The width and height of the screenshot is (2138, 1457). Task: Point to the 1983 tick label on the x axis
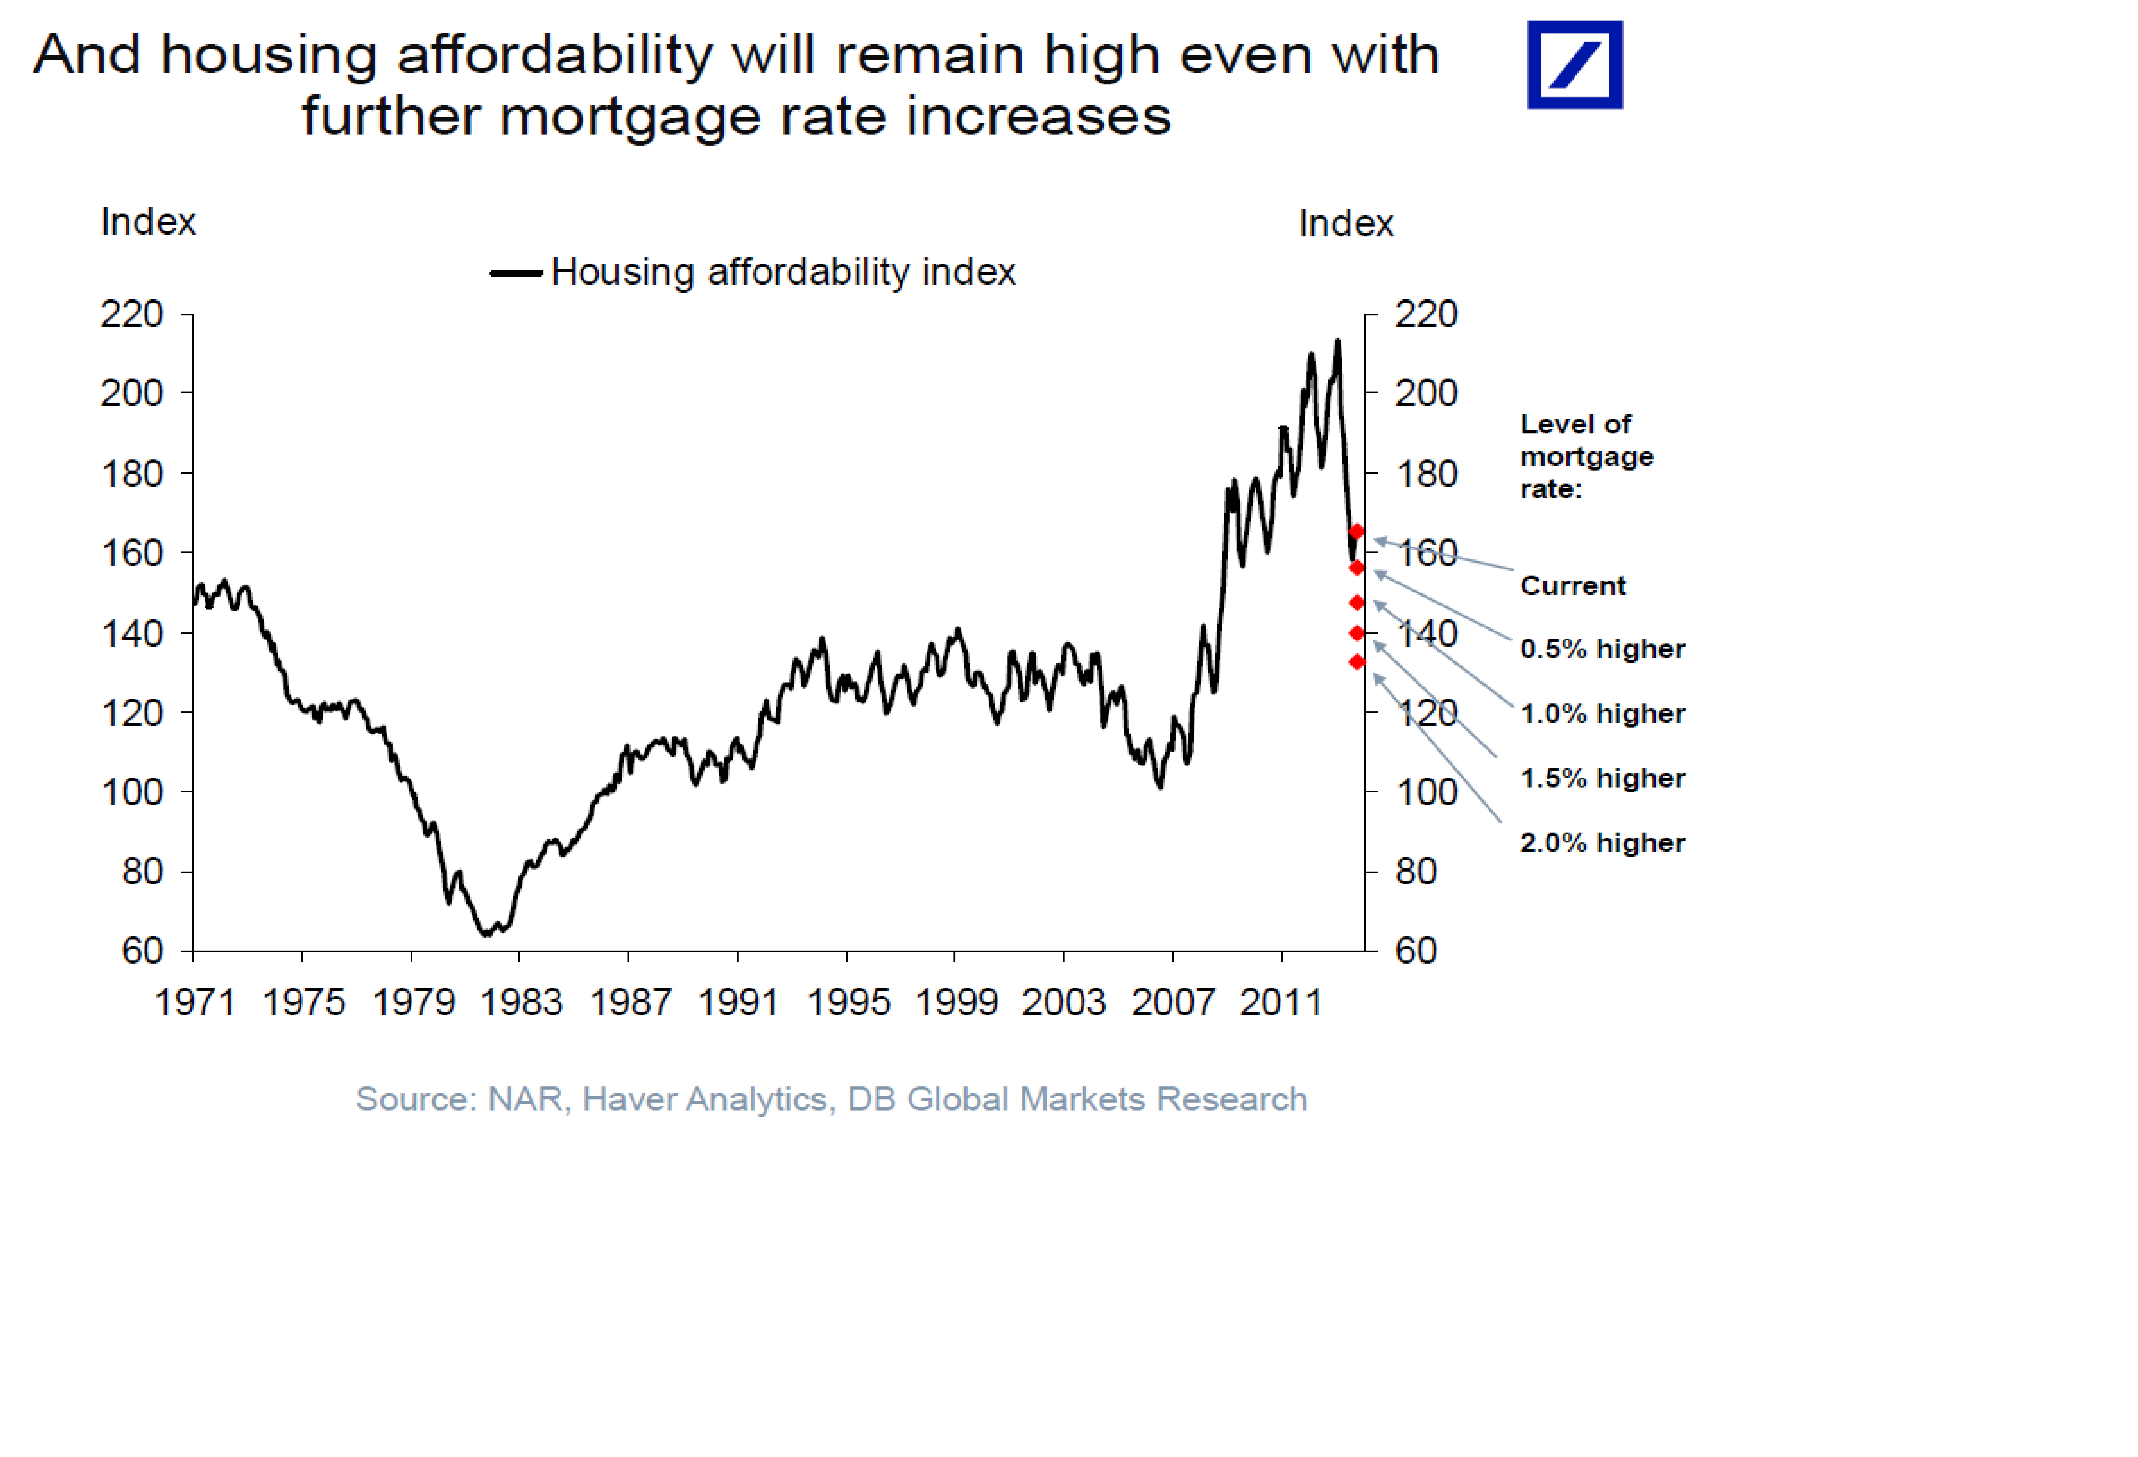click(x=521, y=1002)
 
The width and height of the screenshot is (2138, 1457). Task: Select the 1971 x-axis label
click(x=194, y=1002)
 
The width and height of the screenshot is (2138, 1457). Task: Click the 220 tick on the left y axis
click(x=131, y=314)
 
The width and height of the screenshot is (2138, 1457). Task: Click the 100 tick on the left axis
click(x=131, y=792)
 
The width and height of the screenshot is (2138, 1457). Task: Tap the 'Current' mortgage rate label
click(x=1572, y=586)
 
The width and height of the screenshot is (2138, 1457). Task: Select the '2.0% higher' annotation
click(x=1602, y=842)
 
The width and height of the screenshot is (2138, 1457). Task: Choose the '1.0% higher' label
click(x=1602, y=714)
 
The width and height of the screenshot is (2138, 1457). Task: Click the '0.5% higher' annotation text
click(x=1602, y=649)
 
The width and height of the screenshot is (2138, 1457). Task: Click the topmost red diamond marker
click(x=1356, y=532)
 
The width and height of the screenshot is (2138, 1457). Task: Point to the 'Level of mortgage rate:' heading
click(x=1586, y=456)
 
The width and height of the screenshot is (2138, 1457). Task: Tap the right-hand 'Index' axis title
click(x=1346, y=223)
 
